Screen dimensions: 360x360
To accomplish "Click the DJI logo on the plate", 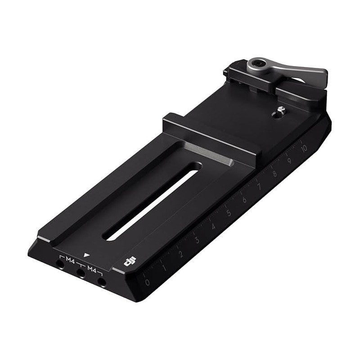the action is [x=130, y=261].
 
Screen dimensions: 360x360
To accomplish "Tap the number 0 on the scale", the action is [x=147, y=282].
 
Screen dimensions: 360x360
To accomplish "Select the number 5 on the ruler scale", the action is [x=229, y=213].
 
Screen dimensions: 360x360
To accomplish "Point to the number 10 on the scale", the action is [x=304, y=148].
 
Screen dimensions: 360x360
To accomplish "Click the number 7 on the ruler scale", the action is [x=260, y=187].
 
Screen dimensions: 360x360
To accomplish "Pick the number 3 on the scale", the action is [x=197, y=240].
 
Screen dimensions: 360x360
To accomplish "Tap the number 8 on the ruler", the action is [x=274, y=174].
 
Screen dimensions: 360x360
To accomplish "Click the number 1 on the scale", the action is [x=164, y=268].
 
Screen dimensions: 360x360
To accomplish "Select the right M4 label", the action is [x=92, y=269].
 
